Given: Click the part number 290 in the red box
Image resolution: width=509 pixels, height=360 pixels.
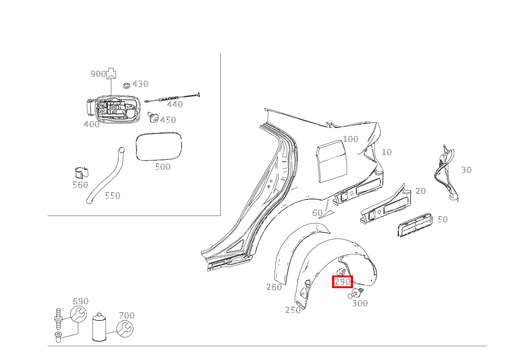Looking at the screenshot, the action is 342,282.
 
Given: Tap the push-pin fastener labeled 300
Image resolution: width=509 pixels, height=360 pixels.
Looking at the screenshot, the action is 355,293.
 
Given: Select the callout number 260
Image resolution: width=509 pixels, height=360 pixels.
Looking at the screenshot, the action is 274,287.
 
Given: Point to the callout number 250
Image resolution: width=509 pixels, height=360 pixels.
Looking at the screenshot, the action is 293,310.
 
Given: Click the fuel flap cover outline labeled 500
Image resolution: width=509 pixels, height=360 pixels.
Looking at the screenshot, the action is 159,146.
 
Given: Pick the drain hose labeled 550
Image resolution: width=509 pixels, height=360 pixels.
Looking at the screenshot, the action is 106,175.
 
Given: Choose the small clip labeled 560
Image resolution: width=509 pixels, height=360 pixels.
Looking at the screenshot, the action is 82,173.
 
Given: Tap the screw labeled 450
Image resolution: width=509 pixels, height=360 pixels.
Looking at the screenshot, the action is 153,117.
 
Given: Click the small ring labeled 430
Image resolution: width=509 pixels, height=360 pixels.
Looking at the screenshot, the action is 126,86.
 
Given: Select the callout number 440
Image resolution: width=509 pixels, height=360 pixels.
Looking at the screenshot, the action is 175,104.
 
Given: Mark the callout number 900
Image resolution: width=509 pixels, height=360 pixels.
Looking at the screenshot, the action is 98,74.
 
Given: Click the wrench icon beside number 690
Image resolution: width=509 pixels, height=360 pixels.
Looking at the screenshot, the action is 78,314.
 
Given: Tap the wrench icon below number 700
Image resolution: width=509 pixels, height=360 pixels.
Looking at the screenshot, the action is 125,328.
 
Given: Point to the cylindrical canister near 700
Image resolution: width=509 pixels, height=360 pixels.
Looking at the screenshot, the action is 99,327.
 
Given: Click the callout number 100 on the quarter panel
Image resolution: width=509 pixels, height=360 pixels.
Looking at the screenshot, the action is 350,139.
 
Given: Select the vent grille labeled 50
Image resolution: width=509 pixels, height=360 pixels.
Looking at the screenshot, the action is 415,224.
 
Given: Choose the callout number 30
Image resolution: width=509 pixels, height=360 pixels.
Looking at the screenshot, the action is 466,170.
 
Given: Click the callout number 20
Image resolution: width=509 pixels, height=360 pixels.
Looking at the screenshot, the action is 421,191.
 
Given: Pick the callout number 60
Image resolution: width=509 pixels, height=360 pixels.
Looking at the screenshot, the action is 317,213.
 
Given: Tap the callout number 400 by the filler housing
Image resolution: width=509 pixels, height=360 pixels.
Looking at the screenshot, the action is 92,124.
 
